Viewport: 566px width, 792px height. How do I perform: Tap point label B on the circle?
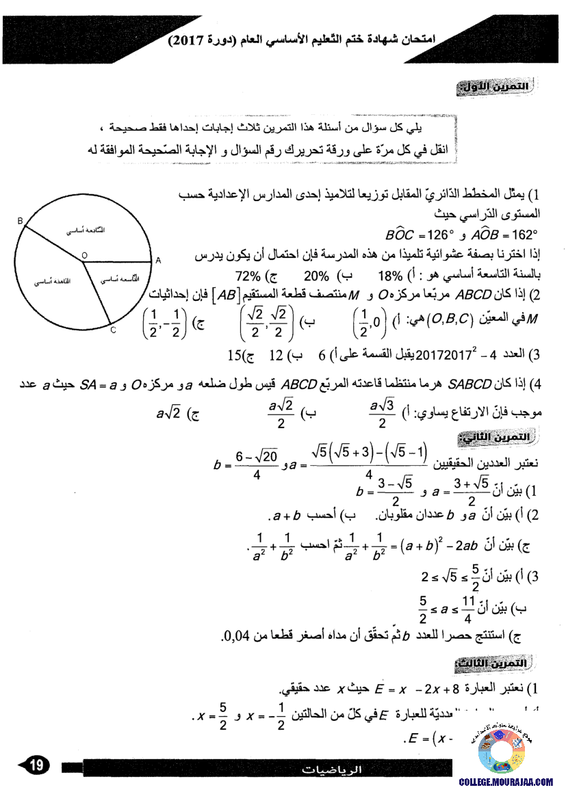coord(20,220)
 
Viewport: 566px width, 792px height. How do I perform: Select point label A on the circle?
coord(157,261)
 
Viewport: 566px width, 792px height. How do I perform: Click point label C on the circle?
coord(114,330)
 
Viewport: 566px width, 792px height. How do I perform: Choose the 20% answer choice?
coord(317,277)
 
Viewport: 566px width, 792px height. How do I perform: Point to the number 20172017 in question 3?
coord(441,355)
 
